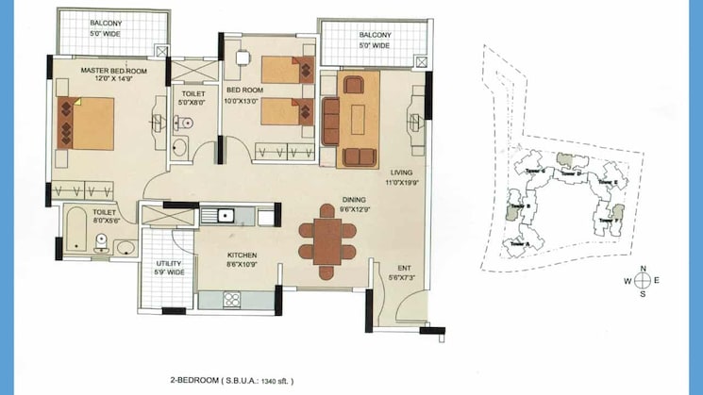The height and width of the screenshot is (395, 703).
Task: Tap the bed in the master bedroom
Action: click(86, 123)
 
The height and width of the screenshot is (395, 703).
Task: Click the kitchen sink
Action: click(226, 215)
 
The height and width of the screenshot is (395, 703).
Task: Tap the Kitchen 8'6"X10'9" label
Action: click(242, 259)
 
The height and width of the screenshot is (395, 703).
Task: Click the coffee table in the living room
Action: click(359, 120)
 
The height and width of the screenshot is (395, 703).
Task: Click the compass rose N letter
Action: click(642, 269)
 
